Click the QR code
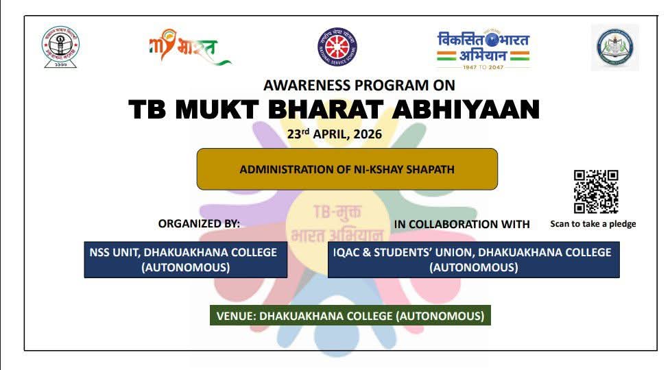pyautogui.click(x=596, y=192)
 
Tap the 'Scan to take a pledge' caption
pyautogui.click(x=593, y=224)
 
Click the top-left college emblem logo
pyautogui.click(x=60, y=47)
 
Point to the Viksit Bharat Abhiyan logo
pyautogui.click(x=483, y=46)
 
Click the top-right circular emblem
pyautogui.click(x=614, y=48)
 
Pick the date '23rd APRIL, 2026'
pyautogui.click(x=335, y=134)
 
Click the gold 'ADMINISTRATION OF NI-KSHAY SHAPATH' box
pyautogui.click(x=347, y=169)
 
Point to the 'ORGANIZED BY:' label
pyautogui.click(x=199, y=224)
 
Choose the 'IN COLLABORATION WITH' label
pyautogui.click(x=462, y=224)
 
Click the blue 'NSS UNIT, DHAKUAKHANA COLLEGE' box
pyautogui.click(x=185, y=260)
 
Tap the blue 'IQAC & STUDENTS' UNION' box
pyautogui.click(x=473, y=260)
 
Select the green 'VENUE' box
pyautogui.click(x=350, y=316)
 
